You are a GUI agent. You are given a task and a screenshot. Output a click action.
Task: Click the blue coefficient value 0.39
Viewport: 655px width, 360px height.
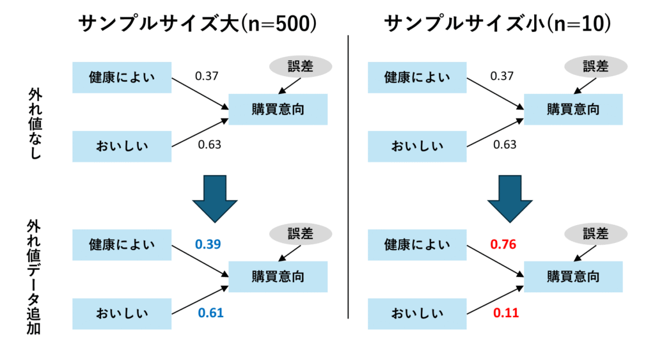[x=208, y=244]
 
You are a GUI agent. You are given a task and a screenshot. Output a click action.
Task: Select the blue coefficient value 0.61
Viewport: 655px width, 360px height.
[x=210, y=313]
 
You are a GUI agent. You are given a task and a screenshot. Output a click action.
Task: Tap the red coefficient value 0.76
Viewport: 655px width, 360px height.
[x=503, y=244]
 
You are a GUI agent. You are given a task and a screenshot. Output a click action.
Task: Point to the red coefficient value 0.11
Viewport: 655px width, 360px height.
[x=506, y=313]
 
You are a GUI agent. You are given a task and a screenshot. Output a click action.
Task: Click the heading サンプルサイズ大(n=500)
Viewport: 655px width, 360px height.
[x=197, y=24]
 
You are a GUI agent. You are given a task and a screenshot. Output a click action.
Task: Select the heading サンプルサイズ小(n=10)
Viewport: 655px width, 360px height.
[x=497, y=24]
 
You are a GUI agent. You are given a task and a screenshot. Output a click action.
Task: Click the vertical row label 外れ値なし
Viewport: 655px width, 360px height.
[x=35, y=123]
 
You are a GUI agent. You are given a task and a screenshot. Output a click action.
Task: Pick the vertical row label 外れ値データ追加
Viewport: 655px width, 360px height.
[x=34, y=278]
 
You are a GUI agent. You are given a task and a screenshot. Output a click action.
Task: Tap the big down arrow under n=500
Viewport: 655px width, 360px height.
[x=215, y=199]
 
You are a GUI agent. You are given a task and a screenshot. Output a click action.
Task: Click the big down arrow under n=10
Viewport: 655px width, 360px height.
[x=510, y=199]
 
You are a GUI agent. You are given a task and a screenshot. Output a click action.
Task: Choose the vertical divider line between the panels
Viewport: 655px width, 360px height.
[x=348, y=177]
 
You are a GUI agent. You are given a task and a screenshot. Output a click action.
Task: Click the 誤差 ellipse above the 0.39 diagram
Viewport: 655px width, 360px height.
[x=301, y=234]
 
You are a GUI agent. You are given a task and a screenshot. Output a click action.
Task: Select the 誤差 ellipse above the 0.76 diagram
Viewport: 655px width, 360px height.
[x=596, y=234]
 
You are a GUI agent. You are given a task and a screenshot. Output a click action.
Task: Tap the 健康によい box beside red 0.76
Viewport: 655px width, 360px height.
[x=417, y=245]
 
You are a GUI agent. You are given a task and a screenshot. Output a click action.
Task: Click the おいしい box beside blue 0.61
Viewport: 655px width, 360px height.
[x=122, y=314]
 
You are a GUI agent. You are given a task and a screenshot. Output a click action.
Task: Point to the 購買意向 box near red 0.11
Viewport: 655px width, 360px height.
[x=573, y=276]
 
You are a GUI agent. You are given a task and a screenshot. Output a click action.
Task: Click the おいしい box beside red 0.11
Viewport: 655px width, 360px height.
[x=417, y=314]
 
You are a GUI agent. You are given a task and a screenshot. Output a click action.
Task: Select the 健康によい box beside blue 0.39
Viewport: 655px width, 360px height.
[x=122, y=245]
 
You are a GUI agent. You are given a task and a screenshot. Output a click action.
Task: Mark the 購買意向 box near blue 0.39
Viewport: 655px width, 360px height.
[x=278, y=276]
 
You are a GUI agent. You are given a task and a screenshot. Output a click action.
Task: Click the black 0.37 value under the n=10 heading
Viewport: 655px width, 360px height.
[x=501, y=76]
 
